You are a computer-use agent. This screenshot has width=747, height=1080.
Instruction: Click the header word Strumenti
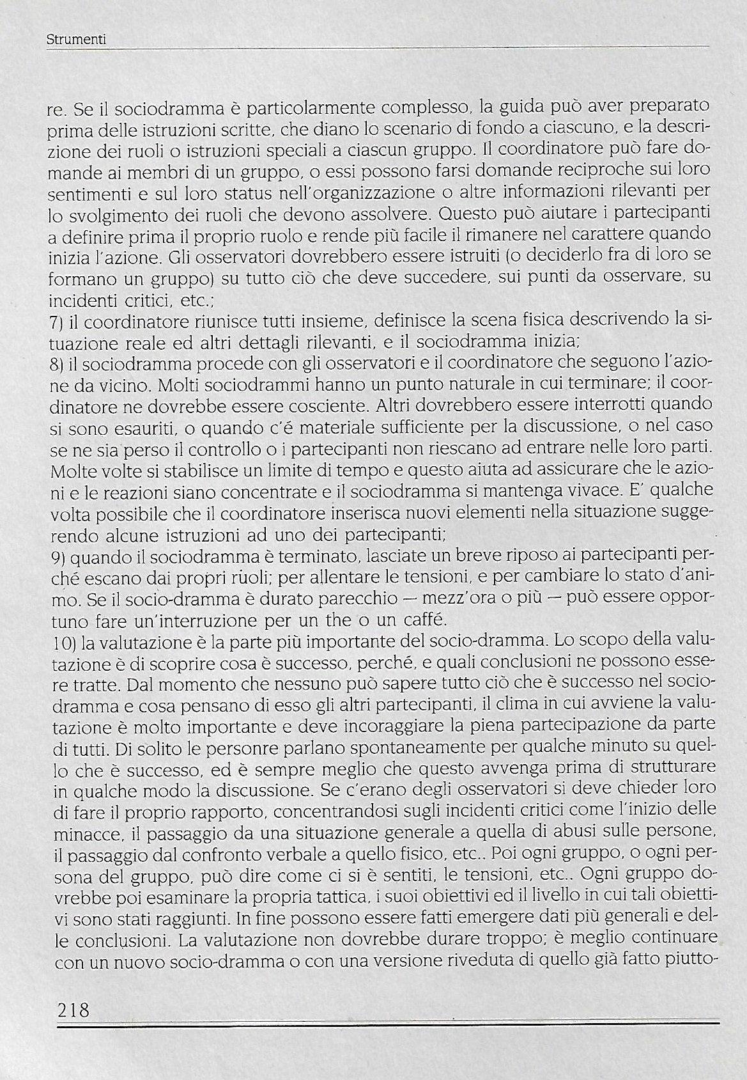tap(76, 40)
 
